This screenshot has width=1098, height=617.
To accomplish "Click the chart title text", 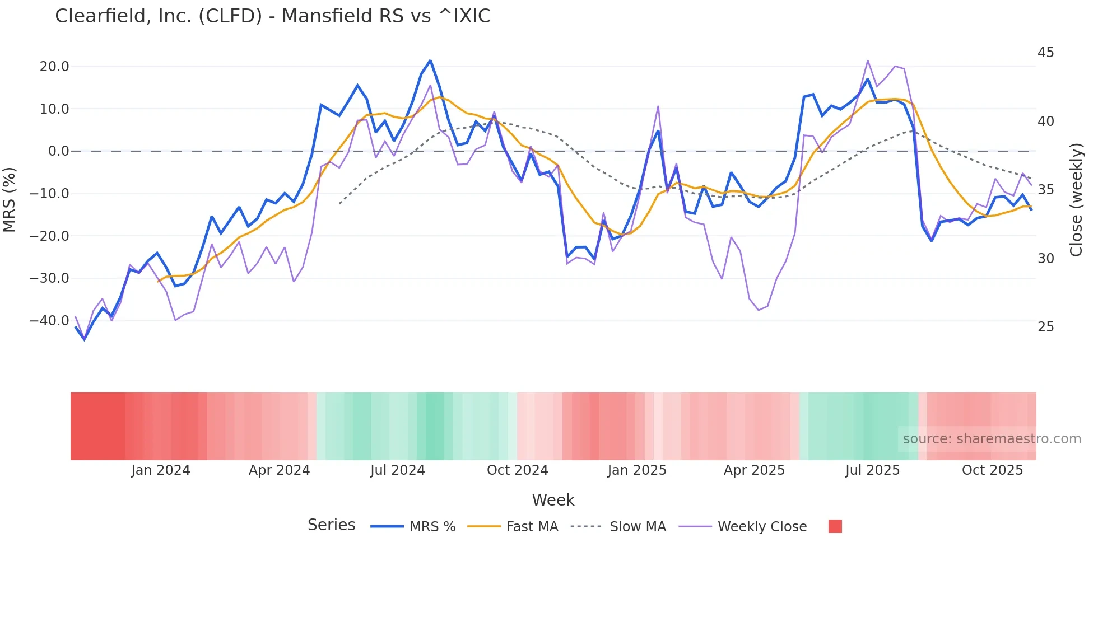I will click(x=273, y=16).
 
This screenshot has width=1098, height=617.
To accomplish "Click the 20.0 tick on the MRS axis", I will click(x=54, y=67).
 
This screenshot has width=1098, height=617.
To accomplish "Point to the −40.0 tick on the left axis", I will click(x=49, y=321).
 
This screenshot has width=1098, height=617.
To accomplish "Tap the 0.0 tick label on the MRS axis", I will click(x=58, y=151).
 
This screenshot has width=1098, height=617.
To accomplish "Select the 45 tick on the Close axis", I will click(x=1045, y=53).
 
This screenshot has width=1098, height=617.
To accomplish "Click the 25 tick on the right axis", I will click(x=1045, y=327).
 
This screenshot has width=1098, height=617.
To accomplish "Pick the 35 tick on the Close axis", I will click(x=1045, y=190).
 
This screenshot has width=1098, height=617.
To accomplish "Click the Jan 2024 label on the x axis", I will click(x=161, y=470).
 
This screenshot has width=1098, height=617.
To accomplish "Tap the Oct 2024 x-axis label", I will click(x=517, y=470).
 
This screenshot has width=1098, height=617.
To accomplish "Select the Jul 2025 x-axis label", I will click(x=872, y=470).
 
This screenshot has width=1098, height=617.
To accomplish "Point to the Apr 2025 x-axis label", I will click(x=754, y=470).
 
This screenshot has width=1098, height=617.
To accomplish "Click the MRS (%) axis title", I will click(x=10, y=200).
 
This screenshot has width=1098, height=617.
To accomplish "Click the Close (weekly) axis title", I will click(x=1076, y=200).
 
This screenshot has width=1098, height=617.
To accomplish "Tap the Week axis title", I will click(x=553, y=500).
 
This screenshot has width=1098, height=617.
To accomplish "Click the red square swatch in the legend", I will click(x=835, y=526).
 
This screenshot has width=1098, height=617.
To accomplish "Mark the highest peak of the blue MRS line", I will click(x=430, y=60).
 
